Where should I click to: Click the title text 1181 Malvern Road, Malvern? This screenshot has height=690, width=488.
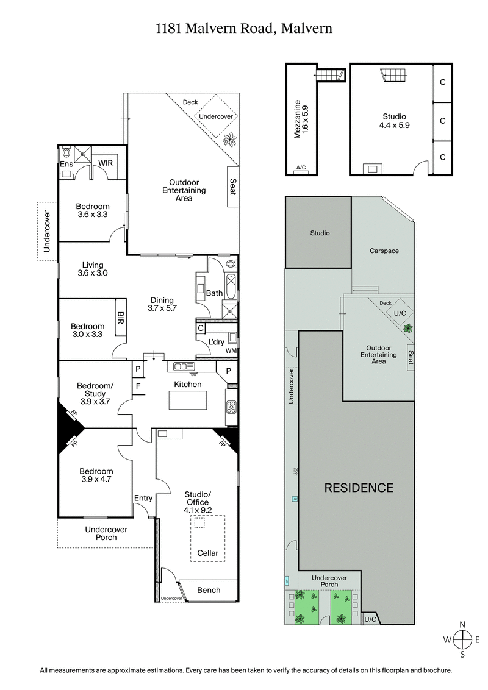[x=244, y=28]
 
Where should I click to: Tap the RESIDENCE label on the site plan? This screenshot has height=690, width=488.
[x=358, y=488]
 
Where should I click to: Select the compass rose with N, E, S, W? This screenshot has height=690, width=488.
[x=463, y=639]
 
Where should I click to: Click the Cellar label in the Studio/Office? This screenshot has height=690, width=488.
[x=207, y=553]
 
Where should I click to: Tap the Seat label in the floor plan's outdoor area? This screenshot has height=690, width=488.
[x=232, y=187]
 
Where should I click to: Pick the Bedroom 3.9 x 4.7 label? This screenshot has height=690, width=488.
[x=96, y=475]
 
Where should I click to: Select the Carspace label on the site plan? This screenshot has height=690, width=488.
[x=384, y=251]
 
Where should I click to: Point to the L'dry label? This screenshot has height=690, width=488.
[x=217, y=341]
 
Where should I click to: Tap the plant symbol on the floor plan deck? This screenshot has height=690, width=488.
[x=230, y=140]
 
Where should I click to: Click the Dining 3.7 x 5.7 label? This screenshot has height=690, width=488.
[x=162, y=304]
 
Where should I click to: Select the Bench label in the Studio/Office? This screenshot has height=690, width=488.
[x=209, y=590]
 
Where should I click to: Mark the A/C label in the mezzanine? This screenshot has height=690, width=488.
[x=301, y=168]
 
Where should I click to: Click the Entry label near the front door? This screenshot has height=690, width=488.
[x=143, y=499]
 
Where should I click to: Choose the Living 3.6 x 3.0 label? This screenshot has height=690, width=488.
[x=93, y=269]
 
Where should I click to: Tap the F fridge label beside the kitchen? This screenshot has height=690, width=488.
[x=138, y=386]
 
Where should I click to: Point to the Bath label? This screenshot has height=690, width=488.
[x=214, y=293]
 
